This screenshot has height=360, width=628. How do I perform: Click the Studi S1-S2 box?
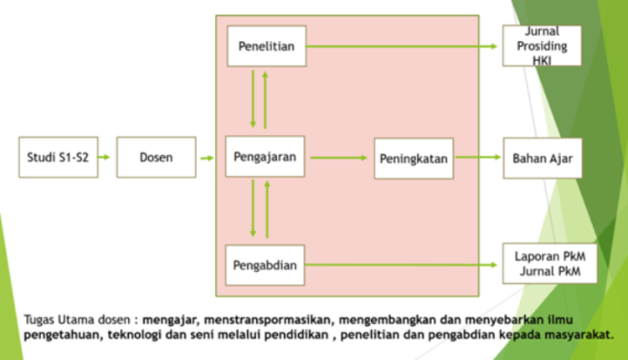tap(59, 157)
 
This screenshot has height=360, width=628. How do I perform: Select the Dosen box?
tap(157, 157)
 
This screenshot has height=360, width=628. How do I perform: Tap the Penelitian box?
tap(267, 46)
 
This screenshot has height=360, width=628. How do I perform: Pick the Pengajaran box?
tap(265, 157)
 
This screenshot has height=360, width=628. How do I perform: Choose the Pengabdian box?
tap(265, 265)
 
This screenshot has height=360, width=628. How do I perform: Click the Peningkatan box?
tap(414, 158)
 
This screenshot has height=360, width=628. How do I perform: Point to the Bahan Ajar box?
tap(543, 158)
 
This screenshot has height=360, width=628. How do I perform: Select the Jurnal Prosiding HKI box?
tap(543, 46)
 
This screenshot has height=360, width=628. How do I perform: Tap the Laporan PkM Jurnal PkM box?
tap(550, 264)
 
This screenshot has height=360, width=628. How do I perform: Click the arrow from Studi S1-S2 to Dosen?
tap(104, 157)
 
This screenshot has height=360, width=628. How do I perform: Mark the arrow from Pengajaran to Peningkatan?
tap(339, 157)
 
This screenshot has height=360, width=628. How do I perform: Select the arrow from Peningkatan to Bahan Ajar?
tap(478, 157)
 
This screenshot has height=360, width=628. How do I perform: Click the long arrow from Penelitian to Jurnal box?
tap(402, 46)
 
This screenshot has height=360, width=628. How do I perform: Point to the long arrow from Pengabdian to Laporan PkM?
tap(401, 265)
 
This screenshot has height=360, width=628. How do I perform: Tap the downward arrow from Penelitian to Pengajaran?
tap(253, 99)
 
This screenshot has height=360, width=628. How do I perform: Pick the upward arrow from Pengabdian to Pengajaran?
tap(267, 209)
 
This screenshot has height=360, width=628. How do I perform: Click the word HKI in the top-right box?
tap(542, 60)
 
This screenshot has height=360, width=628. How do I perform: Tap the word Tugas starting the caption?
tap(39, 321)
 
